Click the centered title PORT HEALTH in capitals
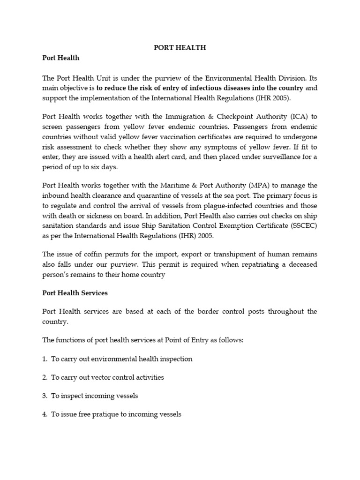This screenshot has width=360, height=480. pyautogui.click(x=180, y=48)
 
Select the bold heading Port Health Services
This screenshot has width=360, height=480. pyautogui.click(x=75, y=293)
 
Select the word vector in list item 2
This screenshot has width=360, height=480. pyautogui.click(x=95, y=377)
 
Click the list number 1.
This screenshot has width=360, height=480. pyautogui.click(x=45, y=359)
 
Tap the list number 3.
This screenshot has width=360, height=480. pyautogui.click(x=45, y=396)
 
